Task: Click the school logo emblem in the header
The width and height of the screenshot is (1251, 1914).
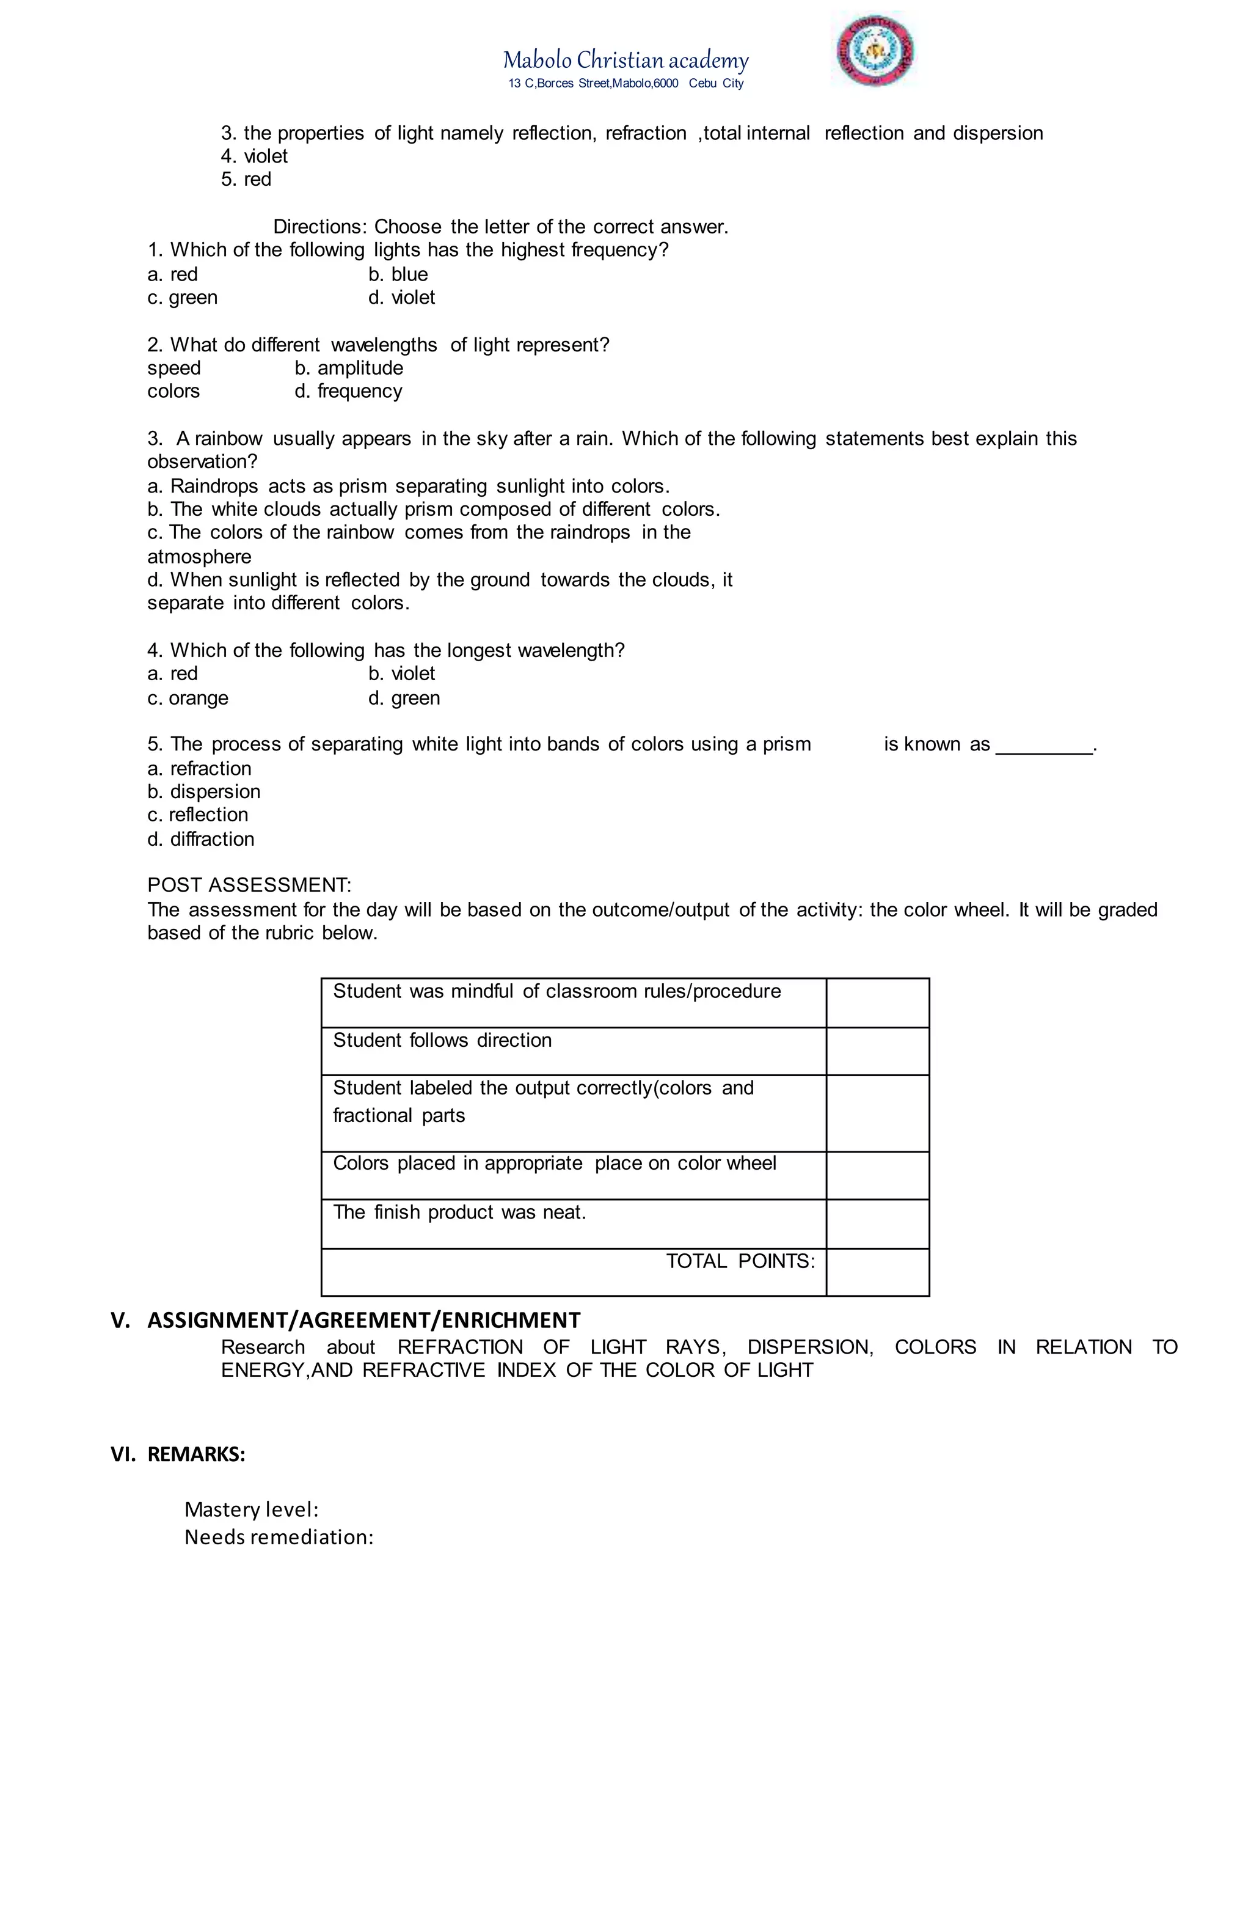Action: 874,51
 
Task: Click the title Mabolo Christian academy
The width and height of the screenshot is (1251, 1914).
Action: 625,61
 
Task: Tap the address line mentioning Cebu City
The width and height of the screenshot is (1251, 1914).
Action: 625,84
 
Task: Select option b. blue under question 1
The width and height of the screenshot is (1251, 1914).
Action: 398,274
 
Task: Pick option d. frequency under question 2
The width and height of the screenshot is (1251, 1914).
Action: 348,391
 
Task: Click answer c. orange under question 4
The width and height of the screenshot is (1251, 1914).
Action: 188,698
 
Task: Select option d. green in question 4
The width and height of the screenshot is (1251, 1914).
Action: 404,698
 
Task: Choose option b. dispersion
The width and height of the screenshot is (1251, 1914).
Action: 203,791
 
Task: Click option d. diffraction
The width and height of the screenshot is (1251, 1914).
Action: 200,839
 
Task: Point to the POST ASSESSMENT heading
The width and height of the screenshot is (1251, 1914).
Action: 249,886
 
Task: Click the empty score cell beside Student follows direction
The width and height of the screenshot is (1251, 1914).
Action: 877,1050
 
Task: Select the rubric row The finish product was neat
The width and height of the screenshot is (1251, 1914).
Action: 459,1212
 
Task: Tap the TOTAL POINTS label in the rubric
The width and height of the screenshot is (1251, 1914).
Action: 740,1261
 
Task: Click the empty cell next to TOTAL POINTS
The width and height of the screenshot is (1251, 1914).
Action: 877,1272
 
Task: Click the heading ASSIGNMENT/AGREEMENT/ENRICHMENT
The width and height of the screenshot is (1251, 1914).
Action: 363,1321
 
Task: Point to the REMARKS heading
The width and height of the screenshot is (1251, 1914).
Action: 196,1454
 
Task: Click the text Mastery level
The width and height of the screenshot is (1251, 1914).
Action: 252,1509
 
